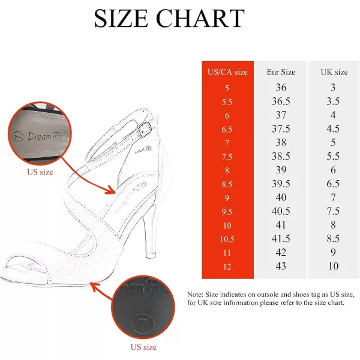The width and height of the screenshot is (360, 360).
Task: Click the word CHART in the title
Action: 200,19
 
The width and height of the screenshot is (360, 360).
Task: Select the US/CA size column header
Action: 227,72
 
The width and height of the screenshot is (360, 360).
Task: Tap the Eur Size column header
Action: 281,72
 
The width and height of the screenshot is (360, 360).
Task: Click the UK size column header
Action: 334,72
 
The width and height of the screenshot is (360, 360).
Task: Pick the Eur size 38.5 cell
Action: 281,157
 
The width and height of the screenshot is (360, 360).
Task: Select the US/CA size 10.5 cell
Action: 227,239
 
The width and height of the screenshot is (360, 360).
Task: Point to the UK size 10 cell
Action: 333,266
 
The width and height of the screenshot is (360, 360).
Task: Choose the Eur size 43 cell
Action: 281,266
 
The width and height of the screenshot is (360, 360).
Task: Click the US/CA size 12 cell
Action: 227,267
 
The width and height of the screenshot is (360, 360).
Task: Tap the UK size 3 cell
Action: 333,88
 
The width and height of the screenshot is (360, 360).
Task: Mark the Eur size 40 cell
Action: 281,197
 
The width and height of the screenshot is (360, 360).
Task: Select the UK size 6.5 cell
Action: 333,184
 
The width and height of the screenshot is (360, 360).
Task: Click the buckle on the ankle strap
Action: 145,130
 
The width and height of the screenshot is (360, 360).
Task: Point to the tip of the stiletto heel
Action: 151,256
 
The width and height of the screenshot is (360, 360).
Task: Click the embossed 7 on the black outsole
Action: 143,323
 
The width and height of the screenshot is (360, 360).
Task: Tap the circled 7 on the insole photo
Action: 18,137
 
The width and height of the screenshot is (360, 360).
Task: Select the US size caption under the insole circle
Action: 40,172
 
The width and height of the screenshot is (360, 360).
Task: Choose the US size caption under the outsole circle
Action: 143,347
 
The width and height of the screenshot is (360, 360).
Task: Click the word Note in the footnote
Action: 195,295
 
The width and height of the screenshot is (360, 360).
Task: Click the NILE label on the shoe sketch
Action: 140,151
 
